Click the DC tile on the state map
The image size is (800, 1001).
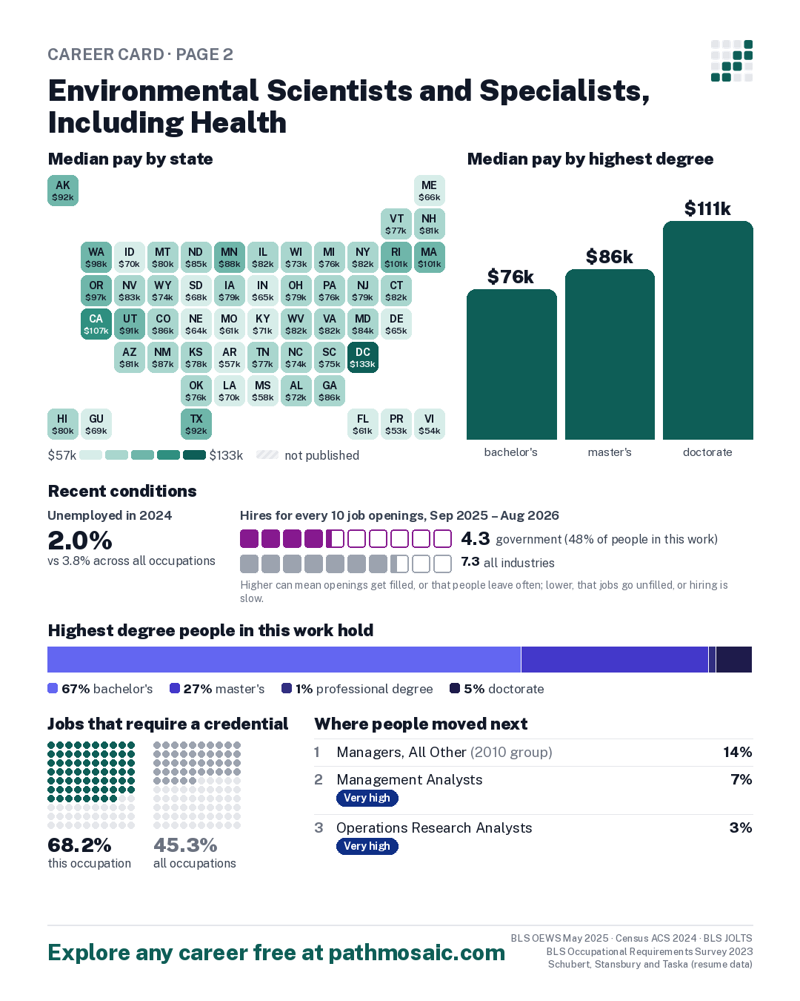pos(362,357)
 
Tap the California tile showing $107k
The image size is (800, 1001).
pos(96,324)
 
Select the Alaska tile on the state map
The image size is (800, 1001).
pos(63,191)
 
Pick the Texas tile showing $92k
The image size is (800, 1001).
pos(196,424)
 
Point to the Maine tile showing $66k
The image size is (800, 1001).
pos(429,191)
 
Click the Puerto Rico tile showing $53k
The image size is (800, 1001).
pos(396,424)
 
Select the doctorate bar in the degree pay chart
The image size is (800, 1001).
pos(707,330)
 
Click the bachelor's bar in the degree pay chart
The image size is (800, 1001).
pos(511,364)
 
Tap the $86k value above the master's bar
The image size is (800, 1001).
pos(610,257)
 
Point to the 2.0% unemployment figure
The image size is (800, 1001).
pos(80,540)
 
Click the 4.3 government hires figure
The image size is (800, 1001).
pos(475,538)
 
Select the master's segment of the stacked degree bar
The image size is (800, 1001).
pos(615,659)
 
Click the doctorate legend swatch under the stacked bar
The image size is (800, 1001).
pos(455,688)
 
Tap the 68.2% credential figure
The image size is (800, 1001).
pos(79,845)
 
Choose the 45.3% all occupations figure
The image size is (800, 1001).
pos(185,845)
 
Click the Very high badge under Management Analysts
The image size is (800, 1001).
pos(367,798)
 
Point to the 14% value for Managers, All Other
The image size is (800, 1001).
pos(737,752)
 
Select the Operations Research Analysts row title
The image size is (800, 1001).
pos(434,827)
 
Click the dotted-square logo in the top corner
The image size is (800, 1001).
pos(732,61)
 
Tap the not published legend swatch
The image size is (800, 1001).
pos(267,455)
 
